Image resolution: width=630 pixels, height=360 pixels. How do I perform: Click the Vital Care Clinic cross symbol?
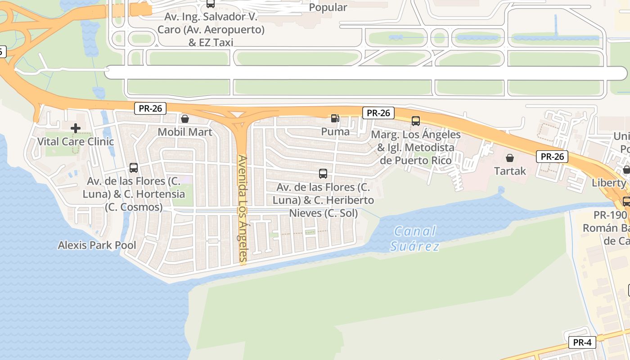(76, 129)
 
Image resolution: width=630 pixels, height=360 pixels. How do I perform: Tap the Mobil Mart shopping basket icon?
(184, 119)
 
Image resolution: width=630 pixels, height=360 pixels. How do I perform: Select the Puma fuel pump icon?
(335, 118)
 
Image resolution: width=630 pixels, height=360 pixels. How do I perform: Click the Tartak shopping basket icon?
(510, 158)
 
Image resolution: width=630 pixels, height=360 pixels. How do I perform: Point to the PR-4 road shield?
(582, 342)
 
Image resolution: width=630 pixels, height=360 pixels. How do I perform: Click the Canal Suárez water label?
(414, 238)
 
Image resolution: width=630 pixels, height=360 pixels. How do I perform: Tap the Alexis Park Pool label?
(97, 245)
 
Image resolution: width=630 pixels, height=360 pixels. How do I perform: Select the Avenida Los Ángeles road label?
(243, 209)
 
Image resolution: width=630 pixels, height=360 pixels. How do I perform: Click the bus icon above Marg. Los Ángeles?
(415, 121)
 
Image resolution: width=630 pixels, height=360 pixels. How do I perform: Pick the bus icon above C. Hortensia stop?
(134, 168)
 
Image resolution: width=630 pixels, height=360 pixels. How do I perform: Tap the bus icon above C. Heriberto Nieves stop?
(323, 174)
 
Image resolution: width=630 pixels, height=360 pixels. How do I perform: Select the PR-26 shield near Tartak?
(552, 157)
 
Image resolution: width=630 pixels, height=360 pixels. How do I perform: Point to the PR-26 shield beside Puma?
(378, 112)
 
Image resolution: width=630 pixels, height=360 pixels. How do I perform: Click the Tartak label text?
(510, 171)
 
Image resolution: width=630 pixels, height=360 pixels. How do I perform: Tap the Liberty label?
(609, 183)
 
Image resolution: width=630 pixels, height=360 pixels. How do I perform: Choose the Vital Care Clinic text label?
(76, 142)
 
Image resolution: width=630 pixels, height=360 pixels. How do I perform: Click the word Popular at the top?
(328, 8)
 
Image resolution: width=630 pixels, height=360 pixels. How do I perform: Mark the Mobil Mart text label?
(185, 132)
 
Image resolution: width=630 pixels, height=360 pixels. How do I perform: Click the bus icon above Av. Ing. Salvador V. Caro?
(210, 4)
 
